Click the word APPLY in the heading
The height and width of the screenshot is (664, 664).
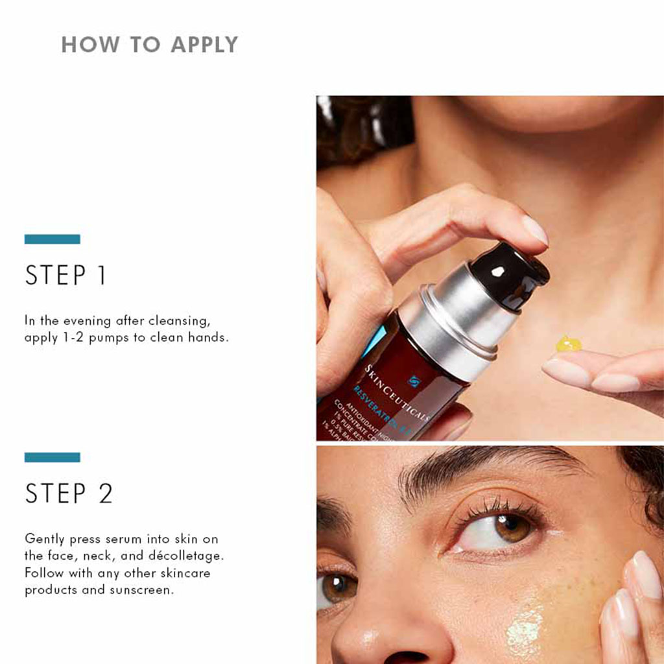pyautogui.click(x=204, y=45)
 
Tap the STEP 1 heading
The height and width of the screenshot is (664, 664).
pyautogui.click(x=65, y=276)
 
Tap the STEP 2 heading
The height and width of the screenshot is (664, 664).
pyautogui.click(x=69, y=493)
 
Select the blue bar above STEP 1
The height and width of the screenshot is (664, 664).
pyautogui.click(x=52, y=239)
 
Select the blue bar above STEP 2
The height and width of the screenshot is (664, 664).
pyautogui.click(x=52, y=457)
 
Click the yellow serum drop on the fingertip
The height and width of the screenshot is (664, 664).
pyautogui.click(x=568, y=344)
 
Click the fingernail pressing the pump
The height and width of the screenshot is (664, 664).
pyautogui.click(x=535, y=230)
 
